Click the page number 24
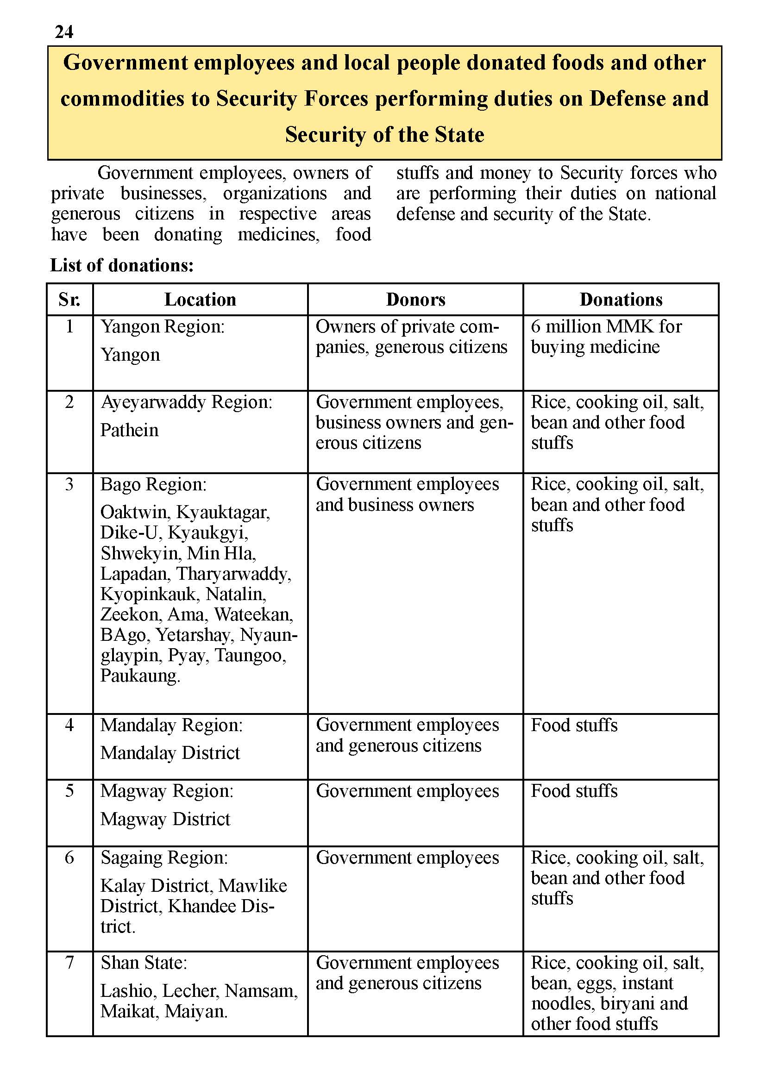click(64, 32)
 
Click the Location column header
click(200, 300)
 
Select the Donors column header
click(415, 300)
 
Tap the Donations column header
click(621, 300)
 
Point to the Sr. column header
click(69, 300)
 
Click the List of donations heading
click(122, 266)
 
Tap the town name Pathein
click(129, 430)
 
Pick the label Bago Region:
click(153, 484)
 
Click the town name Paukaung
click(139, 676)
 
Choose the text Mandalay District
click(170, 753)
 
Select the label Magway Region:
click(167, 791)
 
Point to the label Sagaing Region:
click(163, 858)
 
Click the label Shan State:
click(144, 963)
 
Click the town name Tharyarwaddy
click(233, 574)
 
